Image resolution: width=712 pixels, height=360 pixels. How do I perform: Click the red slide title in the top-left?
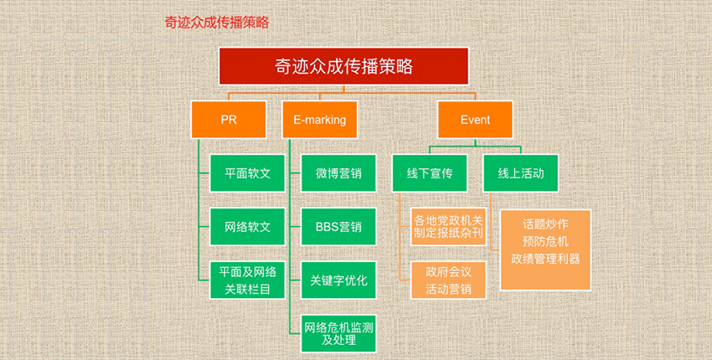click(217, 23)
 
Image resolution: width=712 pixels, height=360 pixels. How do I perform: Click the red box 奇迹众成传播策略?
click(343, 66)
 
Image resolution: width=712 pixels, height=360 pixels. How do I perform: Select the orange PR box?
click(229, 120)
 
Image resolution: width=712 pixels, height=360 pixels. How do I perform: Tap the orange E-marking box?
click(320, 120)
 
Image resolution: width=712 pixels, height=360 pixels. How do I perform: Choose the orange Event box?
click(476, 120)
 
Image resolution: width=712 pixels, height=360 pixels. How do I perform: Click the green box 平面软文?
click(247, 173)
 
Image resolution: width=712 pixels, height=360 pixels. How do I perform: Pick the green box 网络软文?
click(247, 227)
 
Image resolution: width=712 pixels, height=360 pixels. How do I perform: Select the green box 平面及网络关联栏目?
click(247, 280)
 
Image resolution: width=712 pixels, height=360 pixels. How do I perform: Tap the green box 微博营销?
click(338, 173)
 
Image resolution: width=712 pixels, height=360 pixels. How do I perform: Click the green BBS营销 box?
click(338, 227)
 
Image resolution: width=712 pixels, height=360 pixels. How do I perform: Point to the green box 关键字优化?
click(338, 280)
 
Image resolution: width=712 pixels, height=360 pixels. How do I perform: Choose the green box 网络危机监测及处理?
click(338, 333)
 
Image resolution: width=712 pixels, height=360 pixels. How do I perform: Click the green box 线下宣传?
click(430, 173)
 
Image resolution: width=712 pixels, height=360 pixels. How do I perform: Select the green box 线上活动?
click(521, 173)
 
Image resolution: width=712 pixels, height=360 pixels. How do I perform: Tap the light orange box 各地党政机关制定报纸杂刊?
click(449, 227)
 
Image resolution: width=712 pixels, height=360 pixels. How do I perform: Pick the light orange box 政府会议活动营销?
click(449, 280)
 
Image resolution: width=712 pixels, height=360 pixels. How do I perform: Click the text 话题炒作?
click(545, 224)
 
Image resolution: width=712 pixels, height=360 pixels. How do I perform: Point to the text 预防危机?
click(545, 241)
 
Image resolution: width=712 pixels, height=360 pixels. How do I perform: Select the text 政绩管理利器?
click(545, 259)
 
